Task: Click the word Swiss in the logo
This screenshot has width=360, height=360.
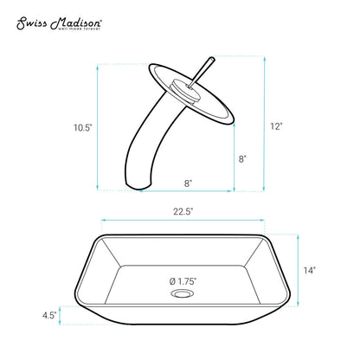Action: (x=31, y=24)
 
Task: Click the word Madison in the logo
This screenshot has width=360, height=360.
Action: (x=75, y=23)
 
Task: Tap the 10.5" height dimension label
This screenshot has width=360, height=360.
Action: (x=83, y=127)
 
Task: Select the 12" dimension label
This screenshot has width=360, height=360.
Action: (x=276, y=126)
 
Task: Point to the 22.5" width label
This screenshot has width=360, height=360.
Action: (x=183, y=212)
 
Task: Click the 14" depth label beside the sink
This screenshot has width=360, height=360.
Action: (x=310, y=270)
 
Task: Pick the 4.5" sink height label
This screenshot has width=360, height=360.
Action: (x=49, y=315)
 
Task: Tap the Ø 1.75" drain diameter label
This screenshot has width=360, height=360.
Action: (x=183, y=281)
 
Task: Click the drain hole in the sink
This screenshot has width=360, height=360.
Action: (x=183, y=294)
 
